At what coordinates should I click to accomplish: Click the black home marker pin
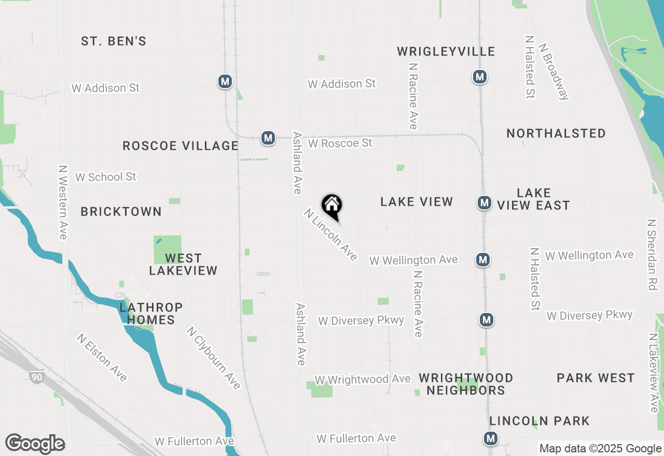[x=332, y=206]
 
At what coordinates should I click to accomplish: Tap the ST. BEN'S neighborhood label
[x=114, y=41]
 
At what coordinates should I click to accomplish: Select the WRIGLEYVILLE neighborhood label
[x=446, y=51]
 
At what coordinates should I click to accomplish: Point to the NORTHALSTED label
[x=556, y=133]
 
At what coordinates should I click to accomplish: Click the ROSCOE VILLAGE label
[x=181, y=146]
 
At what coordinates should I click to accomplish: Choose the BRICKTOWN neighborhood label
[x=121, y=211]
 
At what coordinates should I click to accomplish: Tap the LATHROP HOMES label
[x=151, y=313]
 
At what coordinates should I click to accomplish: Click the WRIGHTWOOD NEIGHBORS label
[x=466, y=384]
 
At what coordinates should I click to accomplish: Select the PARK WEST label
[x=596, y=378]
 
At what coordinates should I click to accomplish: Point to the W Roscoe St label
[x=340, y=143]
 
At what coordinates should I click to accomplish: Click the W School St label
[x=106, y=177]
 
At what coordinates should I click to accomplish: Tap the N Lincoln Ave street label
[x=331, y=235]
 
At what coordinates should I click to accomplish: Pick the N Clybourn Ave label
[x=214, y=358]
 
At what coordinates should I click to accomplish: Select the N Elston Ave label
[x=102, y=357]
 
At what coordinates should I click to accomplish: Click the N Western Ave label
[x=63, y=202]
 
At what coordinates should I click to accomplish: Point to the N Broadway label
[x=554, y=70]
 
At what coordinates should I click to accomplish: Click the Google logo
[x=35, y=444]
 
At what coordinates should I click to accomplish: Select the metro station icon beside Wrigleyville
[x=480, y=77]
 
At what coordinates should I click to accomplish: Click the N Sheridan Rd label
[x=652, y=254]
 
